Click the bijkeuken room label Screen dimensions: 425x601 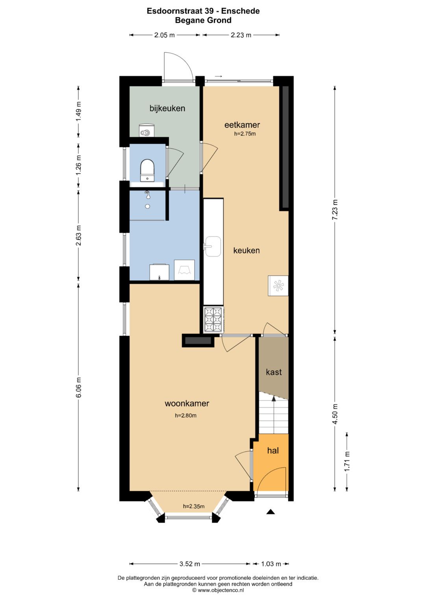[x=167, y=109]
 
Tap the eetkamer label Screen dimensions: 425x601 [x=242, y=125]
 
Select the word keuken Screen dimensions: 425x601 [x=246, y=251]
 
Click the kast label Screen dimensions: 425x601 [x=273, y=372]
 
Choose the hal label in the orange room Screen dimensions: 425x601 [x=273, y=451]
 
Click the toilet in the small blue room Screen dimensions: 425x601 [x=147, y=170]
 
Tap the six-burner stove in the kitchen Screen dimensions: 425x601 [x=213, y=320]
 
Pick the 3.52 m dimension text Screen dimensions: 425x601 [x=190, y=564]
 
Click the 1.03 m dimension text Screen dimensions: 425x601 [x=271, y=564]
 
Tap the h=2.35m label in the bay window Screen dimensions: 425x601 [x=194, y=506]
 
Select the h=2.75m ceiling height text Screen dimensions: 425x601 [x=245, y=133]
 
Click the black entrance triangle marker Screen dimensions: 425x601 [x=271, y=512]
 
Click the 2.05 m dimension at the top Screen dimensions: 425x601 [x=164, y=35]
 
